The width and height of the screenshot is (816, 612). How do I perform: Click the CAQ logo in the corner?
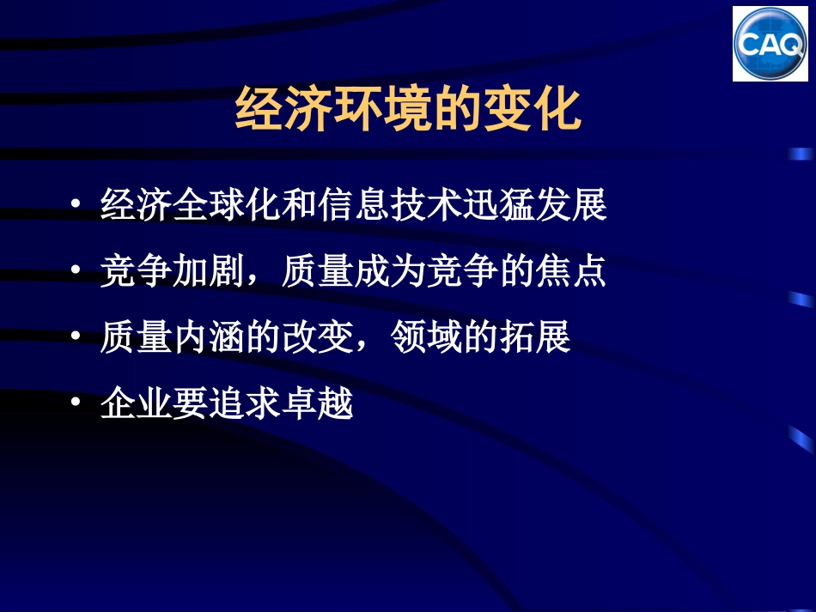click(x=770, y=43)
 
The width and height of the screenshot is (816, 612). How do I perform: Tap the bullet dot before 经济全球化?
click(x=77, y=207)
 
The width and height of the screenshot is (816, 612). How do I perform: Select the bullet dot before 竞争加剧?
click(x=77, y=272)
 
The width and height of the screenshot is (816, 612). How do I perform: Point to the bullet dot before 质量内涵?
click(x=77, y=337)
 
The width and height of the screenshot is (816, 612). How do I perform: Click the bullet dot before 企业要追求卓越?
click(x=77, y=403)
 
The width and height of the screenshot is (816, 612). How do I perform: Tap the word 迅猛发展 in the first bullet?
click(x=534, y=207)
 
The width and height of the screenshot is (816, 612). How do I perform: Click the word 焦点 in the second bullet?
click(x=570, y=273)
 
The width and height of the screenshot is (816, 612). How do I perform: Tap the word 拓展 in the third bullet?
click(x=534, y=338)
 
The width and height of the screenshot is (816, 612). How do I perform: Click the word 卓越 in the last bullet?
click(x=317, y=403)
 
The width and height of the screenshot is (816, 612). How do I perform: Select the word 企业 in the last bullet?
click(x=137, y=403)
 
